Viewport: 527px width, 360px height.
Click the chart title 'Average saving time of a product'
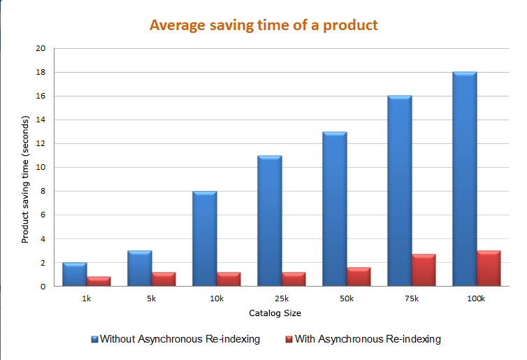pos(263,26)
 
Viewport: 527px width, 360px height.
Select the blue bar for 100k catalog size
pos(465,179)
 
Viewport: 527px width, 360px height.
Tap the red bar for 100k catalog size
pos(489,268)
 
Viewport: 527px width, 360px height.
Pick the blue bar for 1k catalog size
pos(75,274)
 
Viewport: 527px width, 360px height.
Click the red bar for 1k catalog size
pos(99,281)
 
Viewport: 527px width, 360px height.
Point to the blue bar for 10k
pos(205,238)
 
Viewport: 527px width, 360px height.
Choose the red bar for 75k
pos(424,270)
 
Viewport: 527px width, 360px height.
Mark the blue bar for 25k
pos(270,221)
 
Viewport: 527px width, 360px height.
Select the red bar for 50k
pos(359,277)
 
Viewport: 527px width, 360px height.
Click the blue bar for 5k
pos(140,268)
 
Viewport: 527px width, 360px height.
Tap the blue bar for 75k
pos(400,191)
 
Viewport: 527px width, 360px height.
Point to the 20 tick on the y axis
pos(40,49)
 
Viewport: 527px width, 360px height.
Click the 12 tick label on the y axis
pos(40,144)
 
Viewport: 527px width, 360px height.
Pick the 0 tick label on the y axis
pos(43,287)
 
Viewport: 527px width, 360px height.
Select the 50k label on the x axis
pos(347,299)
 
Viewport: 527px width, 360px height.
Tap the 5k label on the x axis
pos(152,299)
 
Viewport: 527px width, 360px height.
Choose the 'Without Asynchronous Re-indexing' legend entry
pos(175,339)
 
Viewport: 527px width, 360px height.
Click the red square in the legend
pos(287,339)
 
